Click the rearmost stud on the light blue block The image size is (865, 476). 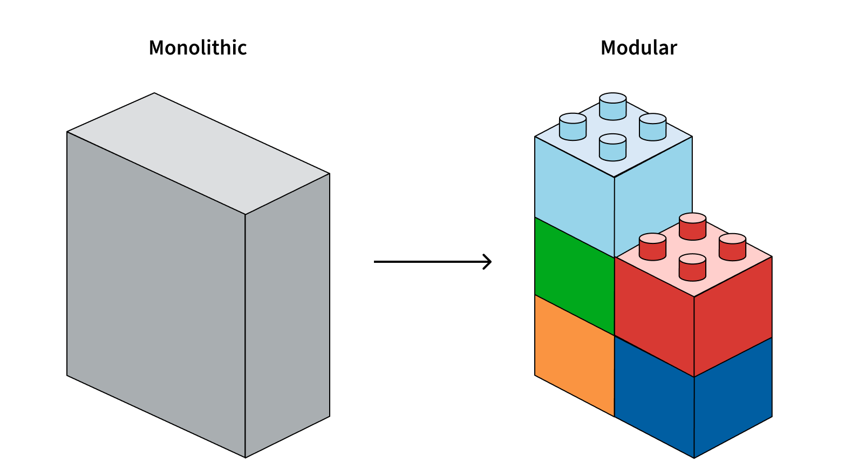click(613, 106)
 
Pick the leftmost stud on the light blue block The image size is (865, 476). click(573, 127)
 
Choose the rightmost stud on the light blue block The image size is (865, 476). click(653, 127)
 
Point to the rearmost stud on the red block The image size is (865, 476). click(693, 226)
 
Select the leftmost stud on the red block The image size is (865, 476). click(653, 247)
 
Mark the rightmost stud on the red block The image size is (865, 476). click(733, 247)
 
